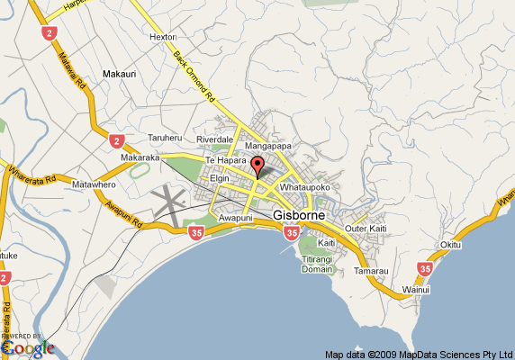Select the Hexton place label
tap(162, 37)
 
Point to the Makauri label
tap(119, 74)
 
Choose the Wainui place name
tap(415, 289)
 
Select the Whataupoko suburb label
tap(307, 186)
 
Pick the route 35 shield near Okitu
tap(425, 267)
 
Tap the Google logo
tap(27, 346)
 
